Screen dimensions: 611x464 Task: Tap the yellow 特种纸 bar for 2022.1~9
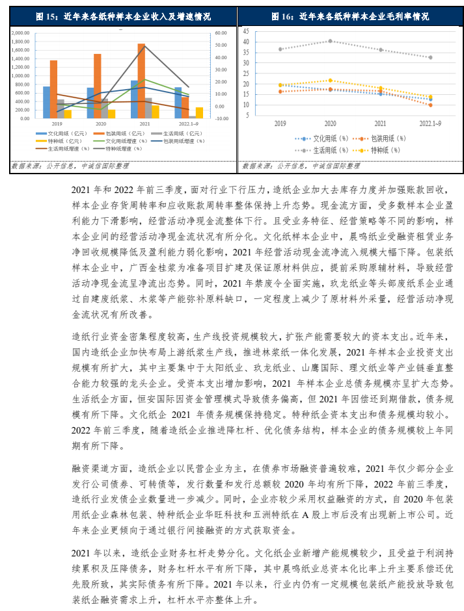(199, 112)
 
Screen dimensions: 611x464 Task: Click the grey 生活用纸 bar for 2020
(105, 109)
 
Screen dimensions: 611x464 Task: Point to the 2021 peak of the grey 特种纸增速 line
(144, 45)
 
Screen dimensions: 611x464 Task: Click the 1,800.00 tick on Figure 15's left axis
(21, 41)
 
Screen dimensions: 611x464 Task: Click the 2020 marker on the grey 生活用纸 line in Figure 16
(330, 41)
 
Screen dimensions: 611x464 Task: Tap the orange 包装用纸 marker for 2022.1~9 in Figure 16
(430, 105)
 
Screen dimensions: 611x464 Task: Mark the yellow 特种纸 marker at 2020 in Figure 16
(330, 81)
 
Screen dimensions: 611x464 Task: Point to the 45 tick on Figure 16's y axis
(245, 31)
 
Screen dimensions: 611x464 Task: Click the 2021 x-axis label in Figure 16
(380, 123)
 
